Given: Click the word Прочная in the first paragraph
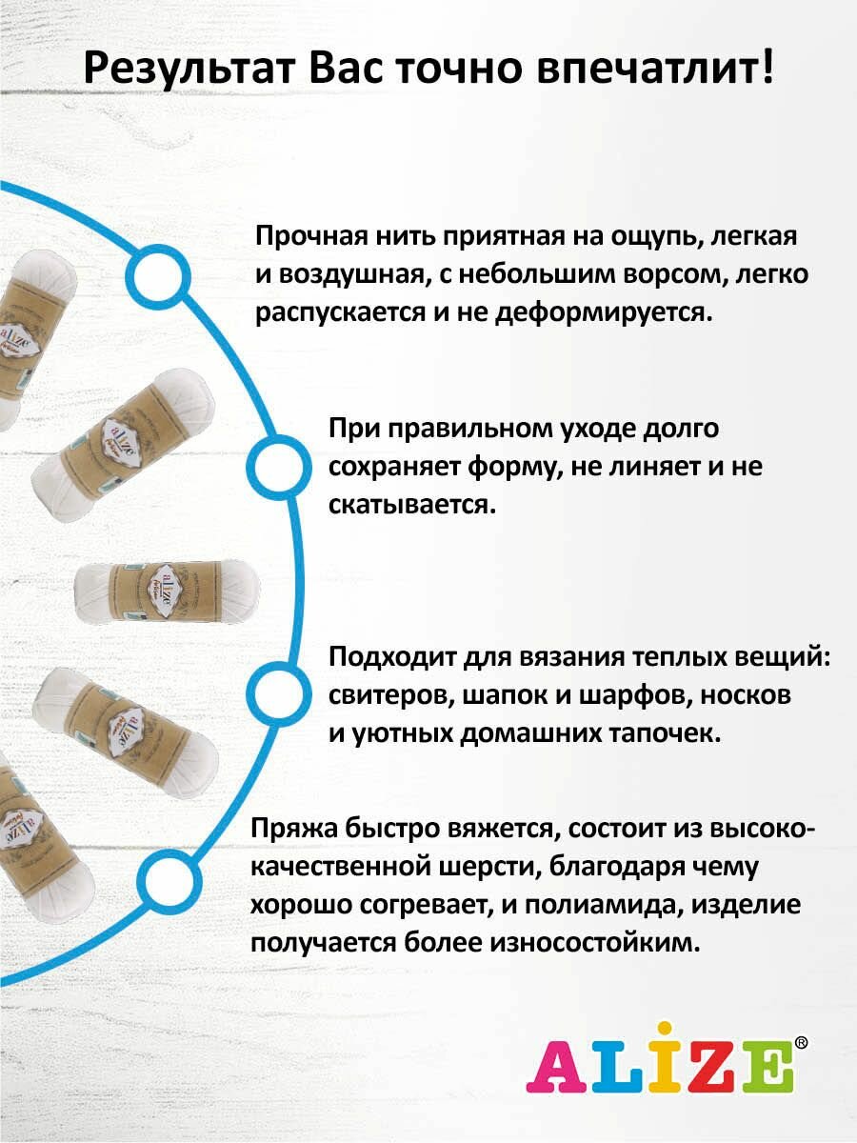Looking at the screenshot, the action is point(306,236).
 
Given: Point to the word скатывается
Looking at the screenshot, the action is point(412,504).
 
